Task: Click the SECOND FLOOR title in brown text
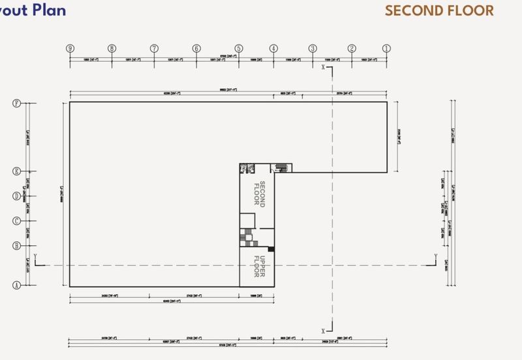pos(438,11)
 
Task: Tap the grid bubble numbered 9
pos(70,48)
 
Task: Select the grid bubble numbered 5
pos(239,48)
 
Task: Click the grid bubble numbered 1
pos(386,48)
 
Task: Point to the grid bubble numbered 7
pos(155,48)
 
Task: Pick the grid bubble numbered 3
pos(313,48)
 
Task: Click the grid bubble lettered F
pos(18,103)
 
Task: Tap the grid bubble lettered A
pos(18,286)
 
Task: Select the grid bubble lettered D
pos(18,196)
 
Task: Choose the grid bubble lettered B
pos(18,245)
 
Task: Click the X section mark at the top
pos(324,67)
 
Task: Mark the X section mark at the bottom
pos(324,330)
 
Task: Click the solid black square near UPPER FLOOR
pos(272,249)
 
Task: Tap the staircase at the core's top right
pos(282,168)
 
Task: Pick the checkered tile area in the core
pos(247,234)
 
